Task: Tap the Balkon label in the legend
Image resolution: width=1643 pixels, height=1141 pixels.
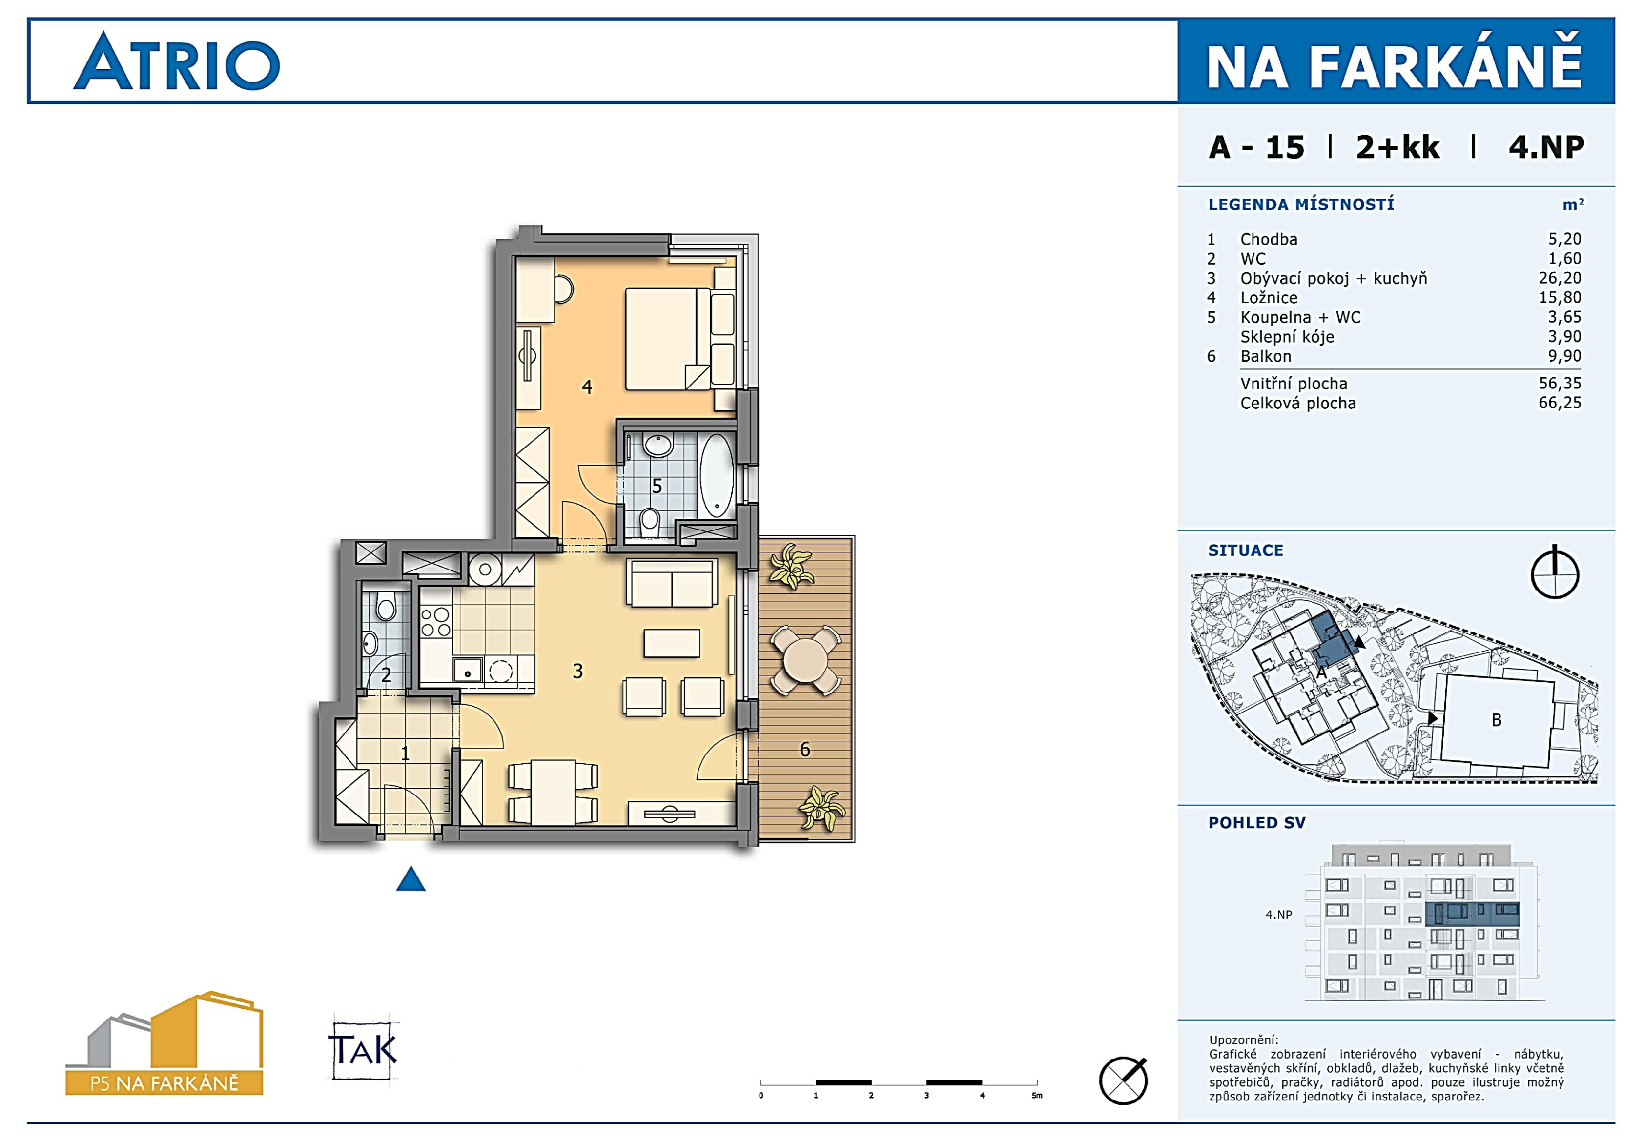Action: [x=1266, y=356]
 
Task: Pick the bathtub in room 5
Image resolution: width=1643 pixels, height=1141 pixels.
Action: [x=717, y=475]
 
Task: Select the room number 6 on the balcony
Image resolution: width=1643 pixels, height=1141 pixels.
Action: [x=805, y=749]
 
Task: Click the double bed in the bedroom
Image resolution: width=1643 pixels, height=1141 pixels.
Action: [x=668, y=339]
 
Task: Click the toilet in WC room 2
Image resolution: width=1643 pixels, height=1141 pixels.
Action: [x=386, y=609]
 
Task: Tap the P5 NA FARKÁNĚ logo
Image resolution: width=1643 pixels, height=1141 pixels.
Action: [x=164, y=1044]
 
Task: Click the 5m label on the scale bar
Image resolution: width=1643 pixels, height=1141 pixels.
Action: [x=1037, y=1095]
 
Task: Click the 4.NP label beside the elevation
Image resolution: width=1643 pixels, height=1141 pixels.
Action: [x=1278, y=915]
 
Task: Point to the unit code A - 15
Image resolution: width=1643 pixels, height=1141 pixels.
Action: [x=1256, y=147]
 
